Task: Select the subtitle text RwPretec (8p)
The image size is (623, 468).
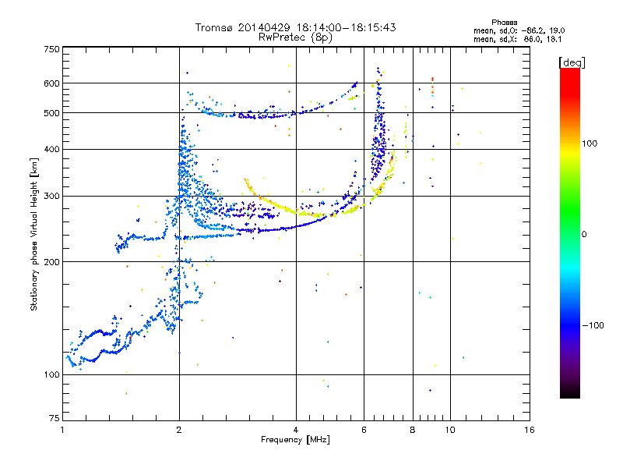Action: click(295, 37)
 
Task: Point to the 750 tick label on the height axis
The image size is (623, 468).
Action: click(51, 49)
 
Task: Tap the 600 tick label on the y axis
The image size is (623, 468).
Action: click(51, 83)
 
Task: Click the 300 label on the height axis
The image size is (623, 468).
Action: click(51, 196)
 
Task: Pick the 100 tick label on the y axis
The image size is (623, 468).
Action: click(51, 374)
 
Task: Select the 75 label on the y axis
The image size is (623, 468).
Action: click(55, 418)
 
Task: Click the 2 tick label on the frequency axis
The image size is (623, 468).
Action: click(179, 430)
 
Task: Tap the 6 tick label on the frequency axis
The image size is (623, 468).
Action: click(364, 430)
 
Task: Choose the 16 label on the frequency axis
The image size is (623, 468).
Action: click(530, 430)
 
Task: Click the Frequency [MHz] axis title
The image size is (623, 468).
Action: click(295, 440)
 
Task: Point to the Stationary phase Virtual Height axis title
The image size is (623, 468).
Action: click(33, 235)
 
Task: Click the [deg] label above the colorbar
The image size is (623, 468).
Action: click(572, 62)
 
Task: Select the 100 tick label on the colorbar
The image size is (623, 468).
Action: click(590, 144)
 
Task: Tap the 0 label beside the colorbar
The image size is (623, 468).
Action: click(584, 235)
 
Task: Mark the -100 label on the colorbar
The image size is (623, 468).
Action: click(593, 325)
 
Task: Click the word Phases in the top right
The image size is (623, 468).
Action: click(504, 23)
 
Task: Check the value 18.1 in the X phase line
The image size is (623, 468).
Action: click(554, 39)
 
